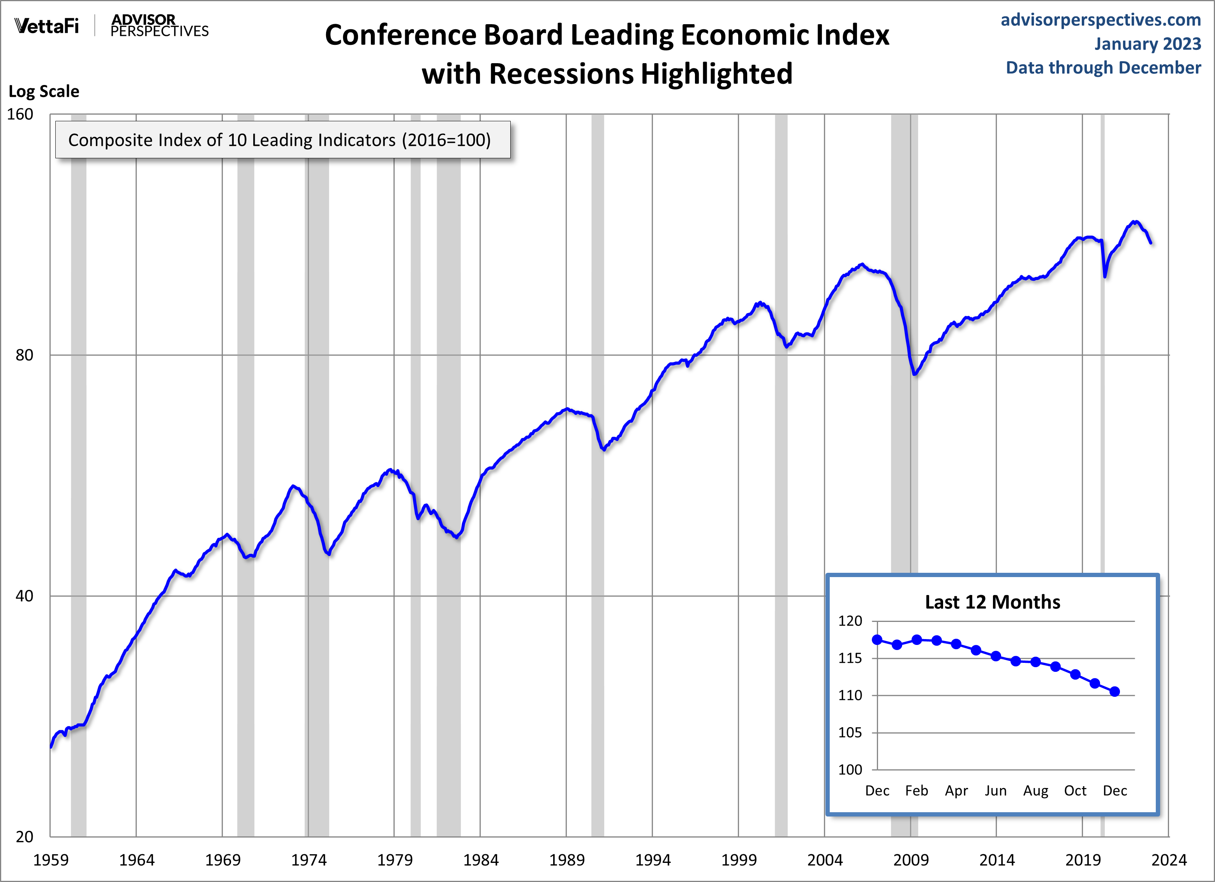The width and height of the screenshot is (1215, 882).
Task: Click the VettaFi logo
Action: click(x=47, y=26)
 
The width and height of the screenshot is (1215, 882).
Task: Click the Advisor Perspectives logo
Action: click(x=159, y=26)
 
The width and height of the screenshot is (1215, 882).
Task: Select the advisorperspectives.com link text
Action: click(x=1100, y=20)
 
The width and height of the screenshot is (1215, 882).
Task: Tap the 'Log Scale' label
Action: click(x=44, y=92)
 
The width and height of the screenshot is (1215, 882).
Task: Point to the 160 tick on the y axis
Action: click(x=20, y=114)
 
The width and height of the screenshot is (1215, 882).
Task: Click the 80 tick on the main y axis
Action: click(x=24, y=355)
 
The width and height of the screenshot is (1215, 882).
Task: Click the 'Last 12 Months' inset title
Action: click(x=992, y=602)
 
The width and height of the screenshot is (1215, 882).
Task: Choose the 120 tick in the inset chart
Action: click(x=850, y=621)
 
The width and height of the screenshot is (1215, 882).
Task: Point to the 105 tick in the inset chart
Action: click(x=850, y=732)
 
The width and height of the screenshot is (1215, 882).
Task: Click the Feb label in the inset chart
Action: click(x=917, y=791)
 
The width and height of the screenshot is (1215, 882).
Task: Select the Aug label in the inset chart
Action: click(x=1035, y=791)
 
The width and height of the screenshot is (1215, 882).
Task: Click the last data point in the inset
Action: click(x=1115, y=692)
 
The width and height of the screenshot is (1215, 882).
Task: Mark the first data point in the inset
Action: click(x=877, y=639)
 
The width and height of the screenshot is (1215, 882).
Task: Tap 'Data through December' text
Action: click(x=1103, y=67)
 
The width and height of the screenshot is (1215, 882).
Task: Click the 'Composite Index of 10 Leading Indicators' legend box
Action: click(x=283, y=140)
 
